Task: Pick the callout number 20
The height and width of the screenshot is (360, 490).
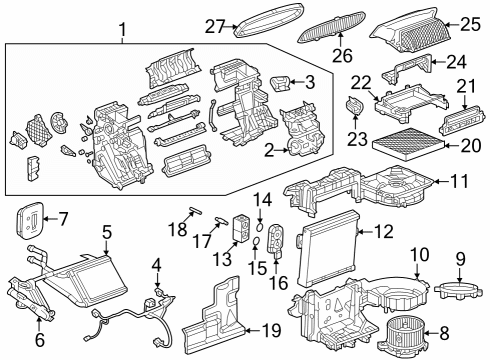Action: pyautogui.click(x=469, y=148)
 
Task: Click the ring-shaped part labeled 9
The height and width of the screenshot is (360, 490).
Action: pyautogui.click(x=455, y=289)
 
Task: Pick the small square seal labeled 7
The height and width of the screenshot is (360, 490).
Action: pyautogui.click(x=31, y=218)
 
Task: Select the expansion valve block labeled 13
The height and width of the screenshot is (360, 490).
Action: pyautogui.click(x=239, y=227)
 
